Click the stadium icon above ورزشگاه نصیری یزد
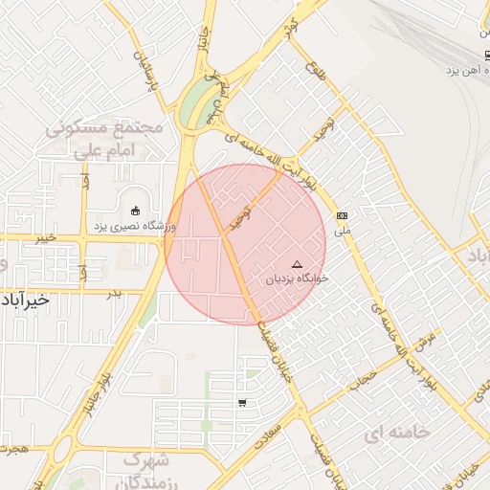pyautogui.click(x=135, y=211)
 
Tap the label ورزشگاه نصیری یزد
pyautogui.click(x=135, y=227)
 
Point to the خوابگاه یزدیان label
pyautogui.click(x=297, y=278)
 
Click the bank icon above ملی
pyautogui.click(x=342, y=216)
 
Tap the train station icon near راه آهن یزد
pyautogui.click(x=486, y=55)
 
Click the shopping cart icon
pyautogui.click(x=242, y=403)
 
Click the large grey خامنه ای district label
pyautogui.click(x=397, y=433)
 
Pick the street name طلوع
pyautogui.click(x=315, y=69)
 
